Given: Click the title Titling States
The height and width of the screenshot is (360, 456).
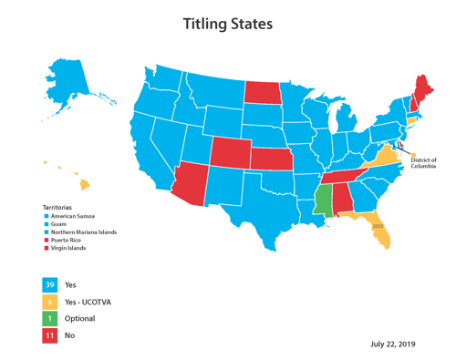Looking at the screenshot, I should pos(227,24).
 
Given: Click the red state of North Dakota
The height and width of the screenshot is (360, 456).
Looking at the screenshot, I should pos(262,91).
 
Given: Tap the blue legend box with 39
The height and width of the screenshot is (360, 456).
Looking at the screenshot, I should pos(49,285).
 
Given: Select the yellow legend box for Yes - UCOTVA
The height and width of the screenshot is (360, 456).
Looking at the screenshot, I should pos(49,302).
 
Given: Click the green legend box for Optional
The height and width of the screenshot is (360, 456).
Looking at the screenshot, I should pos(49,319).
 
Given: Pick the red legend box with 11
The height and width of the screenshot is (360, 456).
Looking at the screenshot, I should pos(49,336).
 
